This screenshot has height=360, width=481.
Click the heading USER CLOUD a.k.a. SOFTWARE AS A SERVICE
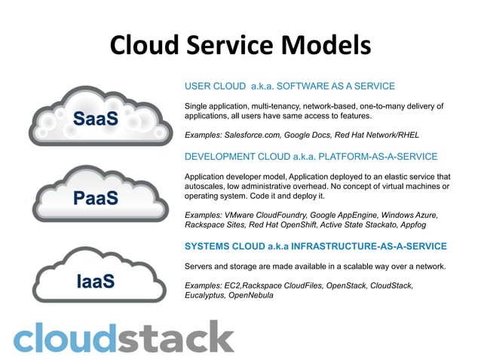tap(290, 86)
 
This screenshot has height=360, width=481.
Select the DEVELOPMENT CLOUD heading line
tap(311, 157)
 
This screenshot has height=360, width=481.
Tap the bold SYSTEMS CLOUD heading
tap(315, 246)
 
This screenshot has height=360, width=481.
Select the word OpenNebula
tap(252, 295)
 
